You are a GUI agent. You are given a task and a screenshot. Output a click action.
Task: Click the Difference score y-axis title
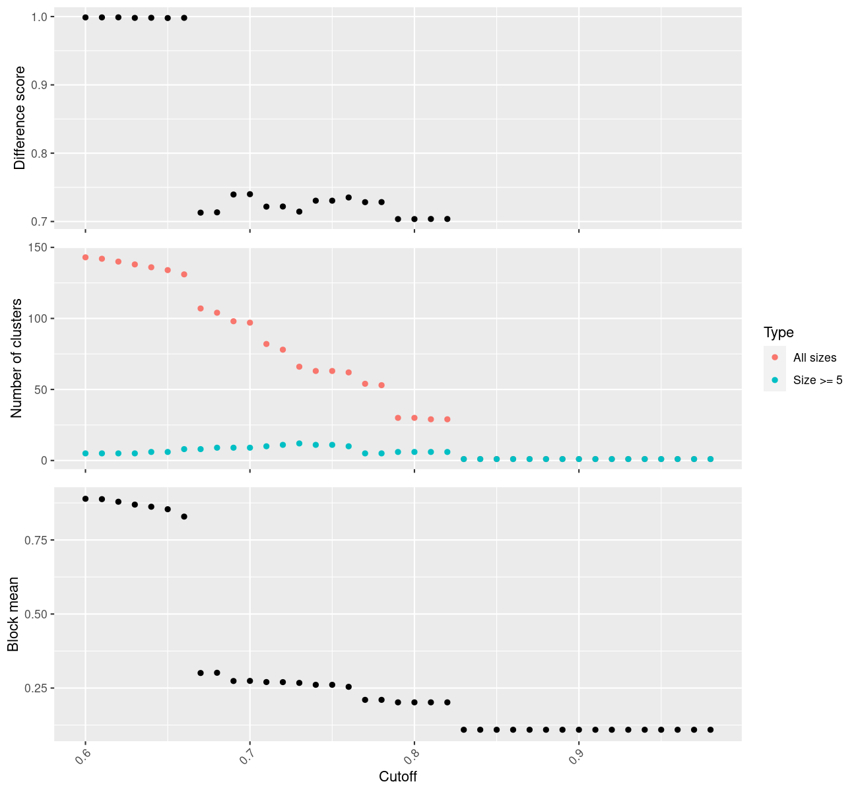20,118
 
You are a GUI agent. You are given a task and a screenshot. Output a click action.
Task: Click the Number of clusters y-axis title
17,358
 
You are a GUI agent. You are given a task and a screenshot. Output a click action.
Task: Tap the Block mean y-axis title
13,614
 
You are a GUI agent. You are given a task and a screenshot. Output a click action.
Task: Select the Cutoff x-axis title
397,777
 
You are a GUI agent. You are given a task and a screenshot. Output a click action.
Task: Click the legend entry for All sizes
814,358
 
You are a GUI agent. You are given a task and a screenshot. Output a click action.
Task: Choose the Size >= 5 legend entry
818,380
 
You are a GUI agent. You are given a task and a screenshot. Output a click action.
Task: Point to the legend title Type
778,333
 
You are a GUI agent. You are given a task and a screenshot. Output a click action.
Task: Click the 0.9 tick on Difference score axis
39,85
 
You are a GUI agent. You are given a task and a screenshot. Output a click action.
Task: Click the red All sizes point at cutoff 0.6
85,257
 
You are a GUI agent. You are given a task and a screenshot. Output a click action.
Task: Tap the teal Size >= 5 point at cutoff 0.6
85,453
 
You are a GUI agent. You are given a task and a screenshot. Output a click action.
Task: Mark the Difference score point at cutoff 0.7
249,194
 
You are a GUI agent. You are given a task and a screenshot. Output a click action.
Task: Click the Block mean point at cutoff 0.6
85,499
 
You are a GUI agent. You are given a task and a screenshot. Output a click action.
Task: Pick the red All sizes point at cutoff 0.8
414,418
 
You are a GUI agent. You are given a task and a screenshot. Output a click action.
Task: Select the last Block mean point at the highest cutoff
711,729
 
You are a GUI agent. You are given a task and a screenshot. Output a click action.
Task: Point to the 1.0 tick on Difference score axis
39,16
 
